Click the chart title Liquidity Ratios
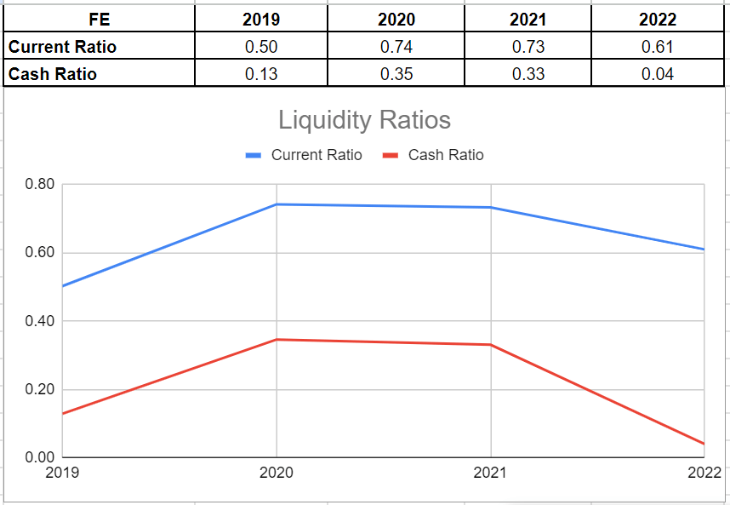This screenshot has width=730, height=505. pyautogui.click(x=364, y=120)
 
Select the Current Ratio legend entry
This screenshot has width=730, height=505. pyautogui.click(x=316, y=155)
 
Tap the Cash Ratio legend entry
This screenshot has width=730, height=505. pyautogui.click(x=445, y=155)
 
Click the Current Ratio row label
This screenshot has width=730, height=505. pyautogui.click(x=62, y=47)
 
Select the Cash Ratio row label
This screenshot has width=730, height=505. pyautogui.click(x=53, y=74)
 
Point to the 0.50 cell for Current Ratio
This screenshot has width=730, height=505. pyautogui.click(x=261, y=47)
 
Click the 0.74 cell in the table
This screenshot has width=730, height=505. pyautogui.click(x=396, y=47)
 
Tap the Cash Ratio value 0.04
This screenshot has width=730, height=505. pyautogui.click(x=658, y=74)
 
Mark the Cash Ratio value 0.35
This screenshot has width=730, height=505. pyautogui.click(x=396, y=74)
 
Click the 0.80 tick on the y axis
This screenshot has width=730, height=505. pyautogui.click(x=39, y=184)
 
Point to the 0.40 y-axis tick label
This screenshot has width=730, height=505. pyautogui.click(x=39, y=321)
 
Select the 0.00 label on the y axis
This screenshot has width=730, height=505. pyautogui.click(x=39, y=458)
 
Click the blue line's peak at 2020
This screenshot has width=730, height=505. pyautogui.click(x=277, y=204)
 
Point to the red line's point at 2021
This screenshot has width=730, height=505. pyautogui.click(x=491, y=345)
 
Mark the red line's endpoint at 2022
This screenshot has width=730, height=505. pyautogui.click(x=704, y=444)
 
